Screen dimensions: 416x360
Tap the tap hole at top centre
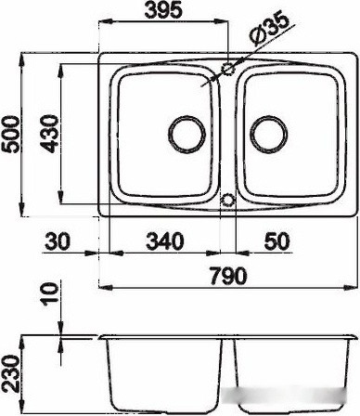pyautogui.click(x=226, y=70)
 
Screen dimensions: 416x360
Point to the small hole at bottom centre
pyautogui.click(x=226, y=199)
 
